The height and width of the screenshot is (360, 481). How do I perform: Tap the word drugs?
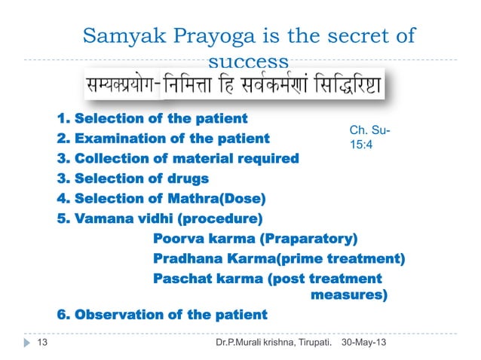[x=188, y=178]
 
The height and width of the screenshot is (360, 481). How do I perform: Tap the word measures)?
[x=350, y=294]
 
